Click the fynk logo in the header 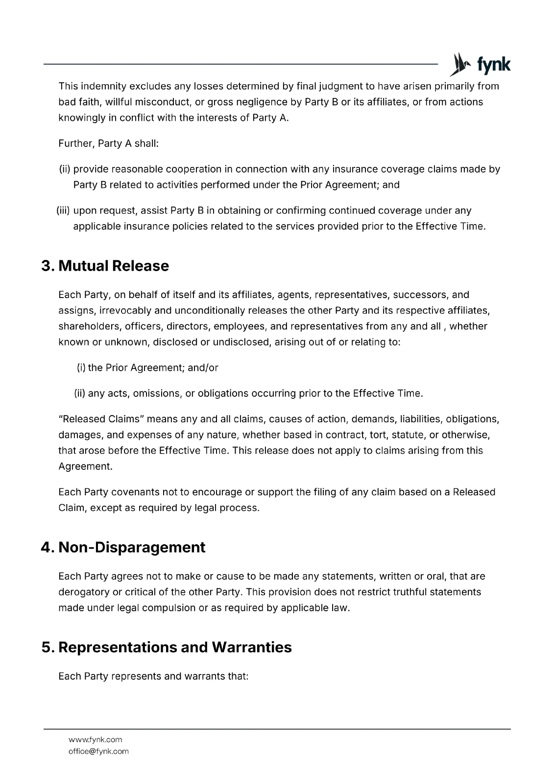pyautogui.click(x=481, y=65)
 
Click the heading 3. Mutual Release pyautogui.click(x=105, y=266)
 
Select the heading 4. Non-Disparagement pyautogui.click(x=123, y=547)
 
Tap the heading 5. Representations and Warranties pyautogui.click(x=167, y=647)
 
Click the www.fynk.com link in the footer pyautogui.click(x=95, y=739)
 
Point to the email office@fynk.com pyautogui.click(x=98, y=751)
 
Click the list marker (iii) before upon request pyautogui.click(x=64, y=211)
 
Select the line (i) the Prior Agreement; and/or pyautogui.click(x=147, y=368)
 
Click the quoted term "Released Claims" pyautogui.click(x=100, y=419)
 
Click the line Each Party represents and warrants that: pyautogui.click(x=153, y=676)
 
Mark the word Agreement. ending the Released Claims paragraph pyautogui.click(x=85, y=466)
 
